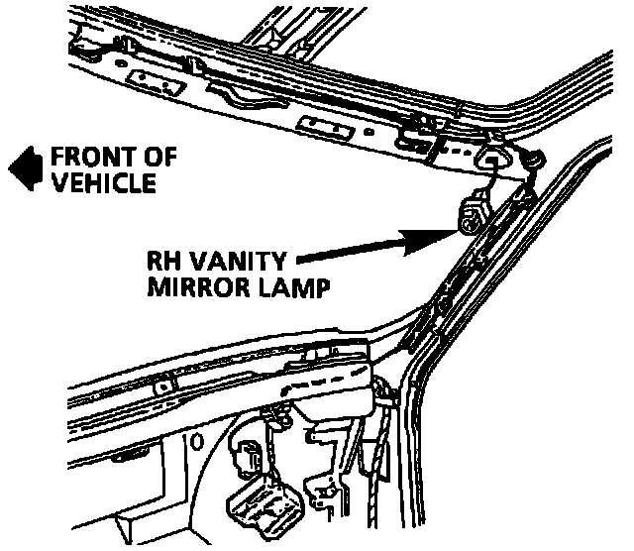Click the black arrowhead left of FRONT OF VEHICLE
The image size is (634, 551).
22,167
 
